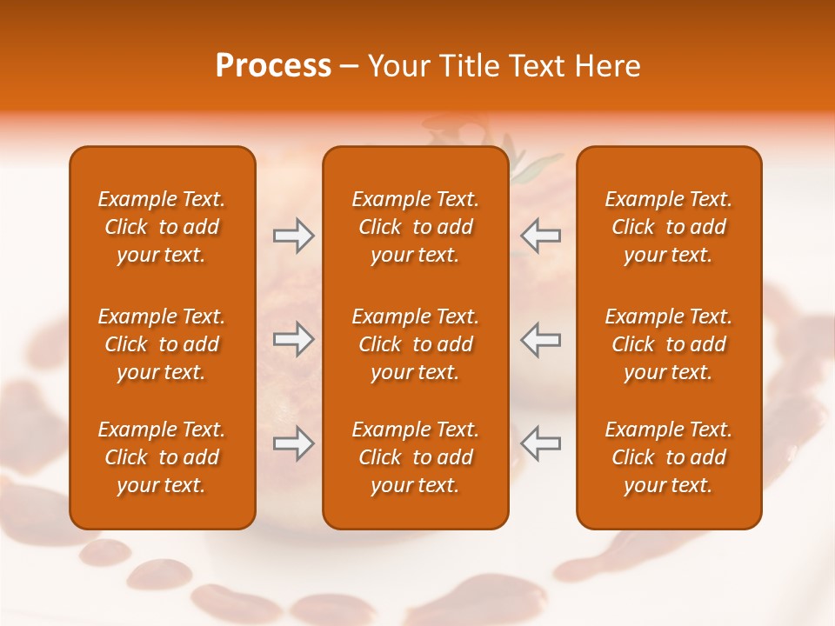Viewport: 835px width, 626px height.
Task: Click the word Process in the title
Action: [273, 66]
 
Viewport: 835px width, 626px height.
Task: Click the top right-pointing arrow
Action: [294, 236]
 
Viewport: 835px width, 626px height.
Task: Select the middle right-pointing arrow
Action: [294, 339]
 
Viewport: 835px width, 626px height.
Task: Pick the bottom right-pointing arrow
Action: [294, 443]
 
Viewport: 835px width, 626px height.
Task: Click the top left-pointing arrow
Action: [540, 236]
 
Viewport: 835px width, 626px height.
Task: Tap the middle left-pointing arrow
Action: [540, 339]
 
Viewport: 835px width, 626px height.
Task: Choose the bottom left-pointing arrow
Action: [540, 443]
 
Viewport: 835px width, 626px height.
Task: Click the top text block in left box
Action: [162, 227]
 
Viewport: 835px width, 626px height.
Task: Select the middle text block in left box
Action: [162, 344]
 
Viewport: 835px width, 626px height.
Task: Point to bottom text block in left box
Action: [162, 457]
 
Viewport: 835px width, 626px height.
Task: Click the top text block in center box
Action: [415, 227]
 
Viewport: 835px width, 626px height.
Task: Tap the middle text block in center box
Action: [415, 344]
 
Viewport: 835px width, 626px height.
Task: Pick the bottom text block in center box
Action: [415, 457]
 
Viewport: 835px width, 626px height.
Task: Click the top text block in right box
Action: [668, 227]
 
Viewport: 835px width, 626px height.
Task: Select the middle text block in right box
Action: [668, 344]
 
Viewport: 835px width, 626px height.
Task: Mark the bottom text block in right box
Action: [668, 457]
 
